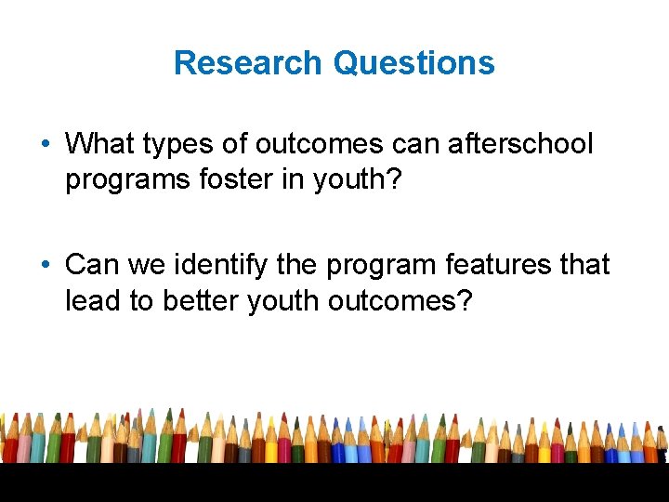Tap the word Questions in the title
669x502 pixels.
[413, 63]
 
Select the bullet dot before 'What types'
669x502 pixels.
[46, 145]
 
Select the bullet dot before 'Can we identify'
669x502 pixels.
[46, 266]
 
